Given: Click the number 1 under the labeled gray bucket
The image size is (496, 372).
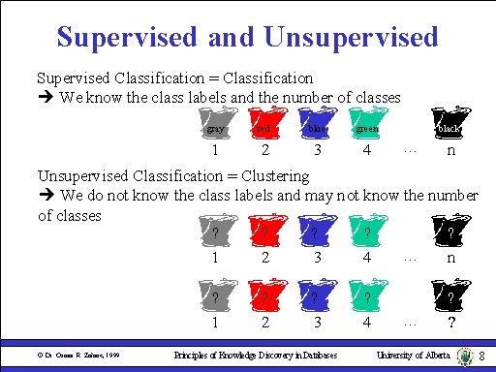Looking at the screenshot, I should (x=214, y=152).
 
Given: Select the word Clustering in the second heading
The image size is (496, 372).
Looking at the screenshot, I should (x=275, y=176).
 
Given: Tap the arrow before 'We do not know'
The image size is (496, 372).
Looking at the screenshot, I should (x=45, y=196).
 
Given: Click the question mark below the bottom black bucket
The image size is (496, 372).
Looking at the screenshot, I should (x=450, y=322).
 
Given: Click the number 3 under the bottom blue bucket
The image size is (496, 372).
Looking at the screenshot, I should (x=315, y=322).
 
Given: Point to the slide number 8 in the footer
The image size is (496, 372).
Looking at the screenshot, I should (x=480, y=356).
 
